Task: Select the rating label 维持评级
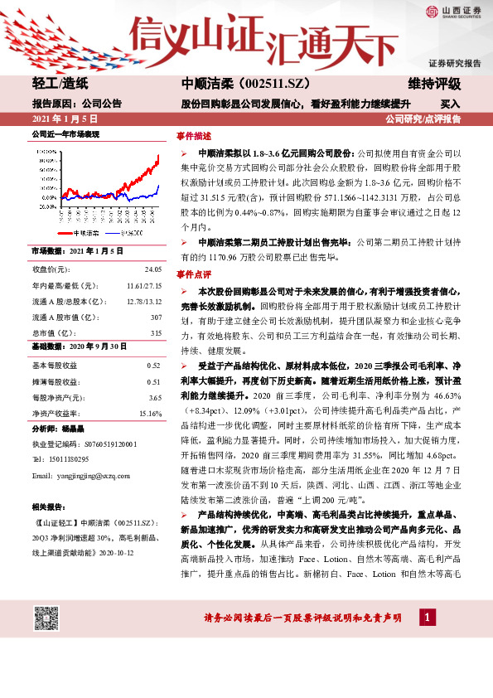click(x=436, y=84)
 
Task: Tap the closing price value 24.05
click(x=152, y=269)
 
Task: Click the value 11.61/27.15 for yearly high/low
click(x=143, y=285)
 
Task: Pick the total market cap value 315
click(x=155, y=332)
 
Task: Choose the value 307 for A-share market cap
click(x=155, y=317)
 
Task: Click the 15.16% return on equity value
click(x=150, y=413)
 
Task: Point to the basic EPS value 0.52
click(x=152, y=366)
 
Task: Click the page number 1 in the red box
click(x=427, y=618)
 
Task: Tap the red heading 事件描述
click(x=193, y=135)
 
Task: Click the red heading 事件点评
click(x=193, y=274)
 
